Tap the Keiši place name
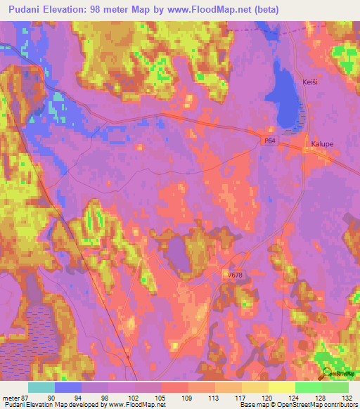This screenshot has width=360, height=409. click(310, 81)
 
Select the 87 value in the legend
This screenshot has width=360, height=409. click(26, 397)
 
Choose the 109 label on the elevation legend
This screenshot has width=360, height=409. click(188, 397)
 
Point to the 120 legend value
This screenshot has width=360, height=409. click(268, 397)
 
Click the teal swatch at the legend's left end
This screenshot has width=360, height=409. click(41, 387)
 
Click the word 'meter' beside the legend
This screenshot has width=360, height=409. click(11, 397)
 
